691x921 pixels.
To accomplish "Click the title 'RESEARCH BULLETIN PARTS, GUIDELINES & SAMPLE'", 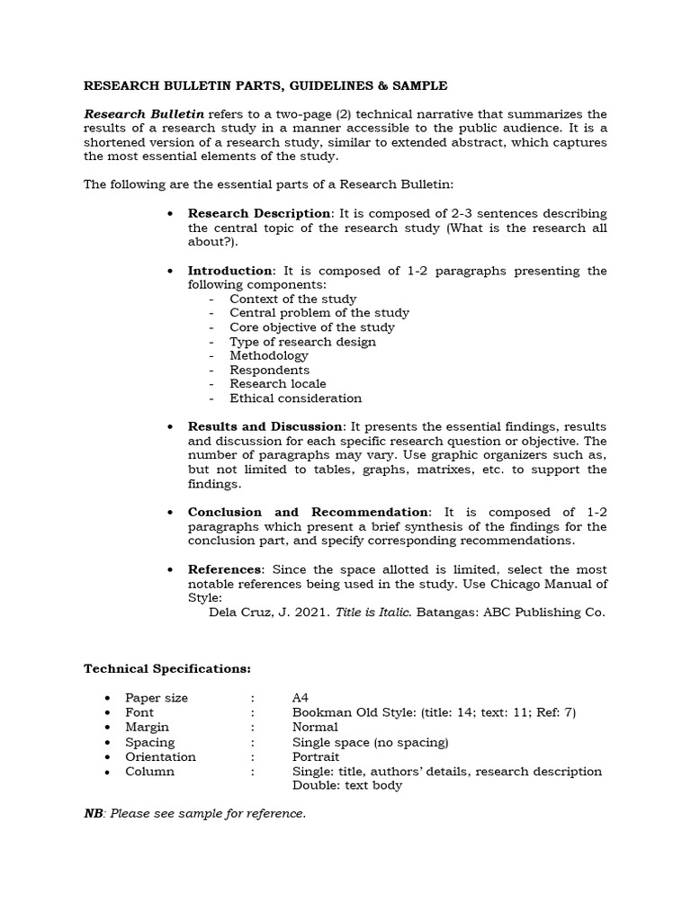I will click(x=265, y=85).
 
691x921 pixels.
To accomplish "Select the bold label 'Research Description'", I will click(x=259, y=213).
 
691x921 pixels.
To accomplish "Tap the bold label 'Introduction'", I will click(x=230, y=271).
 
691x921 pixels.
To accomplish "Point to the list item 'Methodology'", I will click(x=268, y=355).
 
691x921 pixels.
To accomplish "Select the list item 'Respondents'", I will click(x=269, y=370).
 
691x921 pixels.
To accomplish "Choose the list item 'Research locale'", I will click(x=277, y=384).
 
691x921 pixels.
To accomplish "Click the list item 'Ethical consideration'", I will click(x=295, y=398).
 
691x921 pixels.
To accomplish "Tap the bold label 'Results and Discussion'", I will click(x=265, y=426).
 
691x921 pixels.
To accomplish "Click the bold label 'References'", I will click(x=225, y=569).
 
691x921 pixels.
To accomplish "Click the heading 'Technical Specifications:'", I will click(x=167, y=669).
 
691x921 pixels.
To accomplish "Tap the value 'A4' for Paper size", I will click(x=301, y=698).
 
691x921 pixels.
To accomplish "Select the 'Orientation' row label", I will click(x=160, y=756).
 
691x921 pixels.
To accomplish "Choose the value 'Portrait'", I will click(x=316, y=756).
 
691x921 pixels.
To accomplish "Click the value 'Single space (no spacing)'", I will click(x=370, y=742).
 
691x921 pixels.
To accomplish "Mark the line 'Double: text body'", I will click(x=347, y=785).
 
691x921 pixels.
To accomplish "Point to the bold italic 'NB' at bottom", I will click(x=94, y=814).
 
